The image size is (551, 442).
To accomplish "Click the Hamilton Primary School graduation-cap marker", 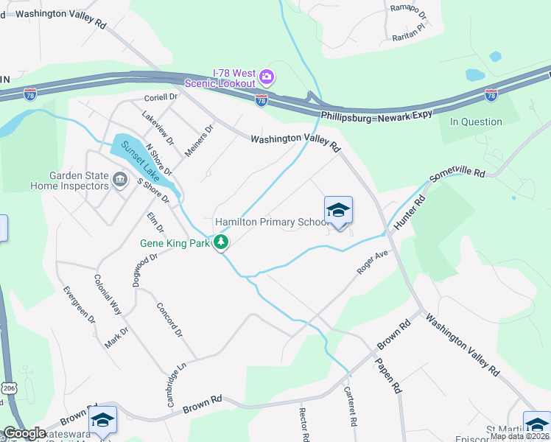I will point(338,211).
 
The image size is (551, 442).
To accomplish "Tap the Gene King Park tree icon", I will point(220,242).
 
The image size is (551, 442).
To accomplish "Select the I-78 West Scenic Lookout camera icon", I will point(267,77).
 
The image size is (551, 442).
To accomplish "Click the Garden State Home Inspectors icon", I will point(119,180).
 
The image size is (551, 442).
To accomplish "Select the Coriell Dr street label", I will point(161,97).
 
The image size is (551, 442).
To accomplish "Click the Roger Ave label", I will point(372,262).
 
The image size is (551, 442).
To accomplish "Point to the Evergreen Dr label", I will point(80,304).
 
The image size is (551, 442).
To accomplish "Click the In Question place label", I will point(476,122).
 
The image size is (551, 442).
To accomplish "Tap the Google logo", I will point(25,433).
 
